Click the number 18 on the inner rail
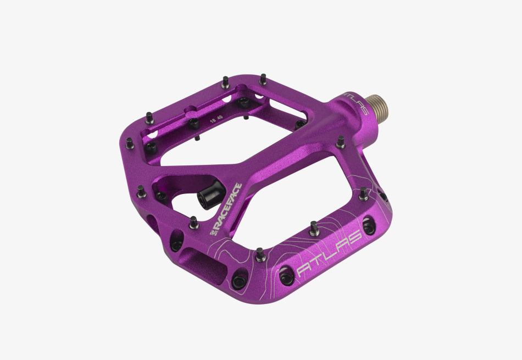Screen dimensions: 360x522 click(212, 118)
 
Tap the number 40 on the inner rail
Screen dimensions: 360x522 click(220, 117)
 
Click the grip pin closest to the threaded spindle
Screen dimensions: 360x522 click(341, 142)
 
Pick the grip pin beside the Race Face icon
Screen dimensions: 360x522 click(193, 221)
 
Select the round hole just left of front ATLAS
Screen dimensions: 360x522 click(286, 277)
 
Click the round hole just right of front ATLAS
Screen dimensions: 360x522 click(370, 225)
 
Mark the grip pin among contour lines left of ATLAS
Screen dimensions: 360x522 click(260, 254)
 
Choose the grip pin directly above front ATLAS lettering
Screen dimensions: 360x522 click(314, 228)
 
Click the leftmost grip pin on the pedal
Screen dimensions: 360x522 click(130, 143)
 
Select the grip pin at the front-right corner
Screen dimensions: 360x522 click(363, 193)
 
